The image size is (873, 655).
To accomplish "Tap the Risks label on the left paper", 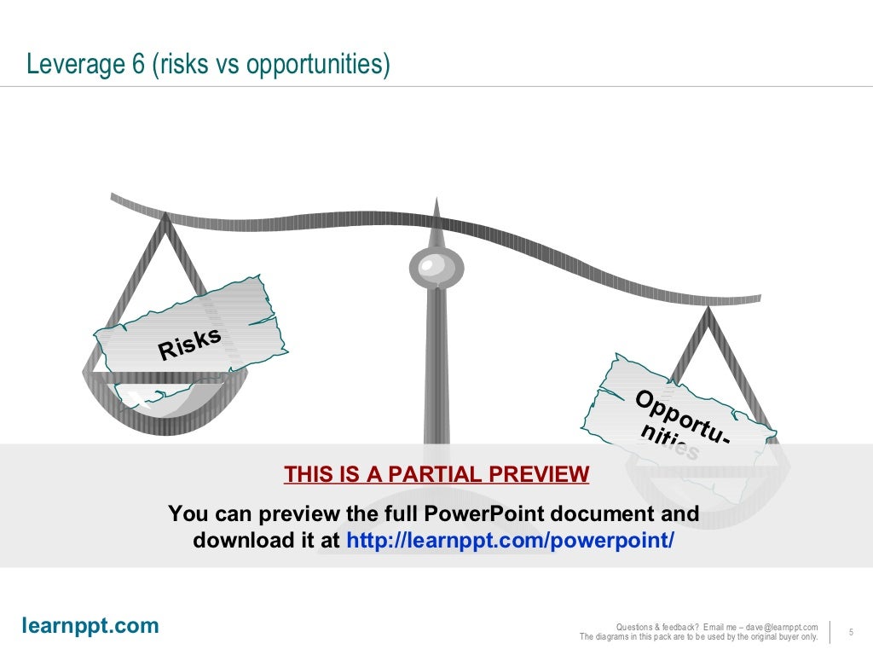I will [189, 343].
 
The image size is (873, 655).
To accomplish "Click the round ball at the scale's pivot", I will [436, 268].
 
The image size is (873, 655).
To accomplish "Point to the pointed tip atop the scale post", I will [436, 201].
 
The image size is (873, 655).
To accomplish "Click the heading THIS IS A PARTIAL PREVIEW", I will [436, 474].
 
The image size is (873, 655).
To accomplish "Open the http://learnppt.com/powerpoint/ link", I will [510, 541].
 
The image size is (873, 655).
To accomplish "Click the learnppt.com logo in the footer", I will [90, 626].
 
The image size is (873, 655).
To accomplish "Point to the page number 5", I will [851, 632].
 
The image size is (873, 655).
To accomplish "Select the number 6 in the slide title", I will [139, 64].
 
